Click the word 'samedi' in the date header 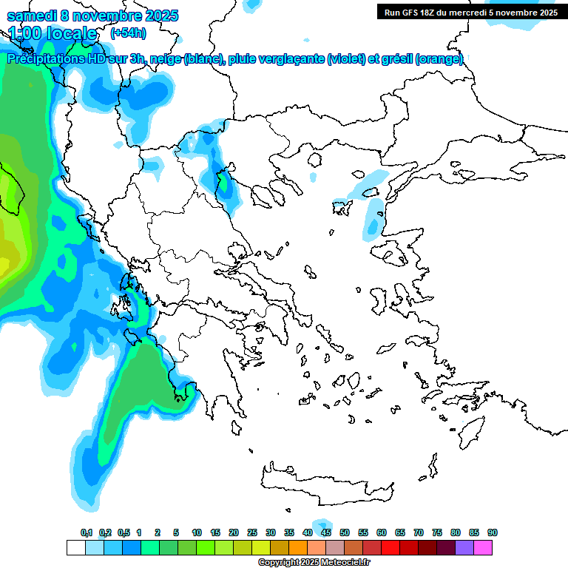(30, 16)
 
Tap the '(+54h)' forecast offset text (128, 33)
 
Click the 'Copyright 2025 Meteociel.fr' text (314, 563)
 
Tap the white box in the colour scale (75, 547)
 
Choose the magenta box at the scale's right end (483, 547)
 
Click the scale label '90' (493, 532)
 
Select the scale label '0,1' (87, 532)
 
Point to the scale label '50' (345, 532)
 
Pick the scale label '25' (252, 532)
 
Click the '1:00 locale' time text (53, 33)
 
